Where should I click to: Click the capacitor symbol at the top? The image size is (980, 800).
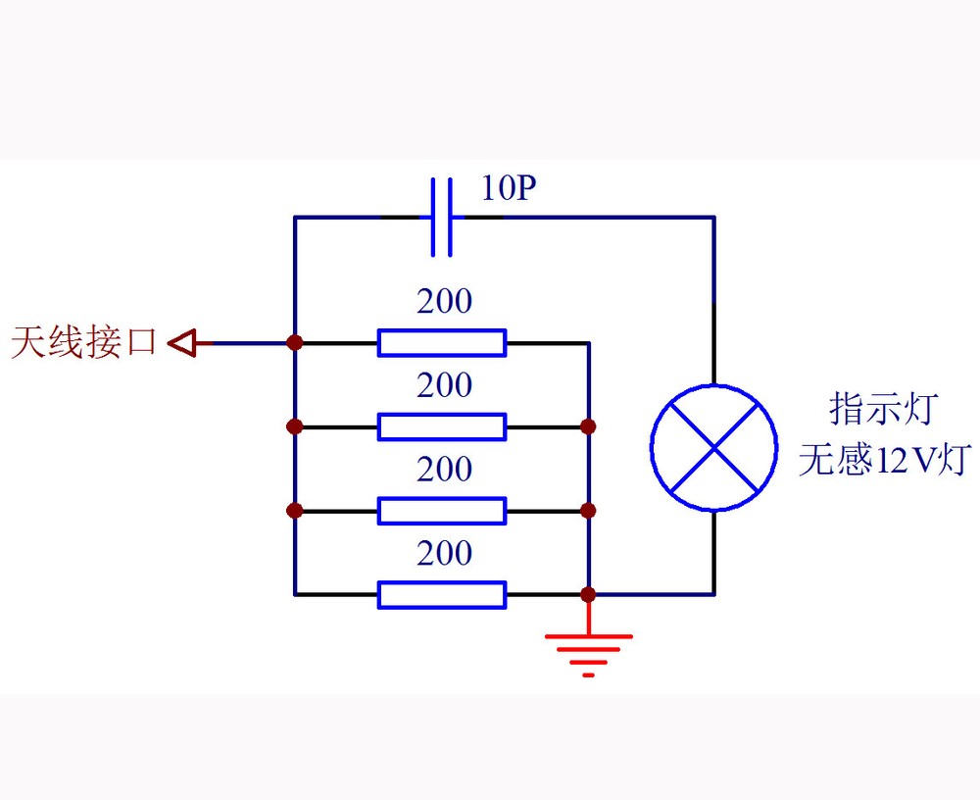point(442,217)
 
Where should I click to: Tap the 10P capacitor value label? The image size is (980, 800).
point(509,188)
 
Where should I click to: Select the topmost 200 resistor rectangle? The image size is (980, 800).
point(442,342)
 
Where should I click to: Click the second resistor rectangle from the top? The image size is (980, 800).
point(442,426)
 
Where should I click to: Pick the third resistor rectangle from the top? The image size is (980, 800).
point(442,511)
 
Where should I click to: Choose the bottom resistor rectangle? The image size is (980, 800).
point(442,594)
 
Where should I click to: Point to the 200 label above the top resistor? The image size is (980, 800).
point(445,302)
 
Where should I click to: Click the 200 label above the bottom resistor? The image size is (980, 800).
point(445,554)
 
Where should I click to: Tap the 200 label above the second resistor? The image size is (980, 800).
point(445,385)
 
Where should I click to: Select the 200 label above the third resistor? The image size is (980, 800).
point(445,470)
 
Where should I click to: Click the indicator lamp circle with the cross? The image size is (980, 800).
point(713,447)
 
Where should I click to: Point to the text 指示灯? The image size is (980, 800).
point(885,408)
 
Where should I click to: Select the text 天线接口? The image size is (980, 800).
point(84,342)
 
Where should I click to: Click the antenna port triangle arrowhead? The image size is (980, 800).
point(184,342)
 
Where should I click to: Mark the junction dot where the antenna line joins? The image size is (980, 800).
point(294,342)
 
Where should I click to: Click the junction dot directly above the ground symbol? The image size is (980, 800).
point(588,594)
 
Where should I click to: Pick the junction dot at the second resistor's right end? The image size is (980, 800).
point(588,426)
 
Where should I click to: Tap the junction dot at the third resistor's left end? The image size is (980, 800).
point(294,511)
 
